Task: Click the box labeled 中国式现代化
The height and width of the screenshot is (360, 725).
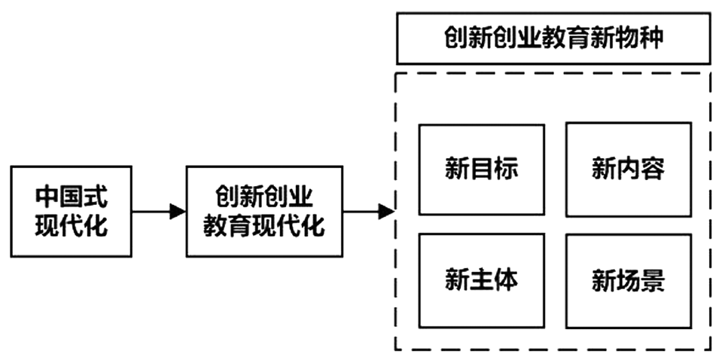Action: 71,212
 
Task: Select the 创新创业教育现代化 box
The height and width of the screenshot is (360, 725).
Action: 263,212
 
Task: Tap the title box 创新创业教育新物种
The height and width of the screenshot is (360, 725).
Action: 553,37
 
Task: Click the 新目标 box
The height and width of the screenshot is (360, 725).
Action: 481,169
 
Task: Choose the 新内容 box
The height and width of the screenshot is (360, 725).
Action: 628,169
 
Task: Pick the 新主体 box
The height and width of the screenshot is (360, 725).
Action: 481,280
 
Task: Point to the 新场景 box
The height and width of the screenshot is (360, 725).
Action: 628,280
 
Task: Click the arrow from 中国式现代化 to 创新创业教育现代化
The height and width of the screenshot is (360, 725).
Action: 159,212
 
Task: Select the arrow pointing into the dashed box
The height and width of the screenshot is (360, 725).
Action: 369,212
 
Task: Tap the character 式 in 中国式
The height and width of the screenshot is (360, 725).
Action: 96,197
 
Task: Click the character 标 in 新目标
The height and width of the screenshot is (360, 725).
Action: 506,169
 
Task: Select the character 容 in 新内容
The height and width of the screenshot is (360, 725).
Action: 653,169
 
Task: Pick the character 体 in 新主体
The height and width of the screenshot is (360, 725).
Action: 506,280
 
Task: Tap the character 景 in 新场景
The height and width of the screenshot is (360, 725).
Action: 653,281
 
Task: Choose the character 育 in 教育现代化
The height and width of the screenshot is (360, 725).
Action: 239,225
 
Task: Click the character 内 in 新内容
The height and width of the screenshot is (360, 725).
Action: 628,169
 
